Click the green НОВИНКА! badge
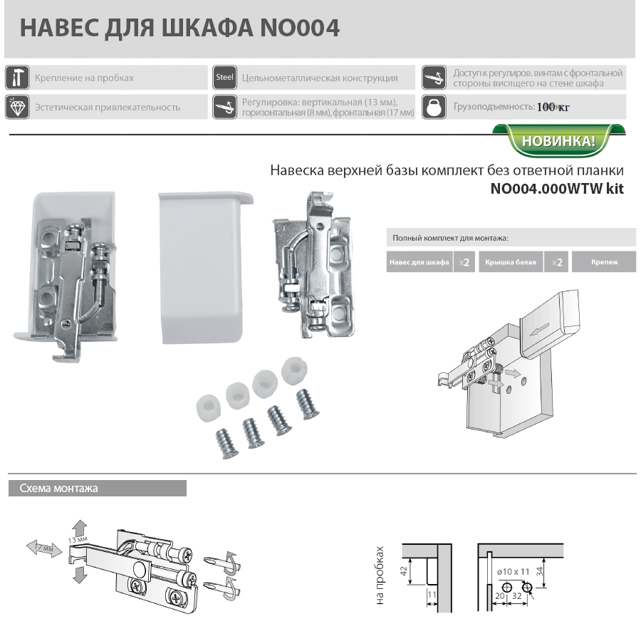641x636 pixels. (559, 140)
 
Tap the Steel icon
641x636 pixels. (224, 77)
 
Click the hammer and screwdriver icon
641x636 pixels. (17, 77)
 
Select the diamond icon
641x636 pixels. (17, 107)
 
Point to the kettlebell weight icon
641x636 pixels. (434, 107)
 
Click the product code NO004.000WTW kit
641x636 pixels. (557, 189)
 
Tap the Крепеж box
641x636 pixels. (604, 262)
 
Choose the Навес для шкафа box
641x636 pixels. (419, 262)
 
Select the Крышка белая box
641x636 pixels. (511, 262)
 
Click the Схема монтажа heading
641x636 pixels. (59, 488)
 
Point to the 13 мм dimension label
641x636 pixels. (78, 540)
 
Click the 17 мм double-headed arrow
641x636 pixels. (44, 548)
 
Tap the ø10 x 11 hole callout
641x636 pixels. (514, 572)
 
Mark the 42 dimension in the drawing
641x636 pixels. (404, 571)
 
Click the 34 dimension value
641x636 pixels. (540, 571)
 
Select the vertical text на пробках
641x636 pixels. (380, 575)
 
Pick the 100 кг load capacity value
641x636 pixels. (553, 107)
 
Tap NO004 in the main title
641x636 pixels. (300, 28)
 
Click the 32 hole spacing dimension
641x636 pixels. (517, 595)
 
